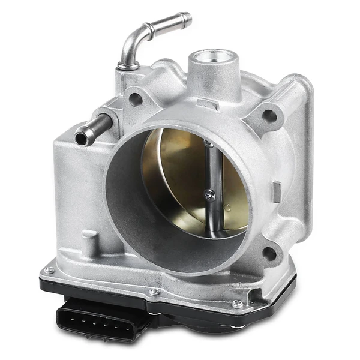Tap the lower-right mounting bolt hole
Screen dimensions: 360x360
(x=269, y=253)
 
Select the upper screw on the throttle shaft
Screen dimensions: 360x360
(x=208, y=144)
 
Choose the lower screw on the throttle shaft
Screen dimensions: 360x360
(x=208, y=194)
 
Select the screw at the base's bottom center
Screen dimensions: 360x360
(x=155, y=292)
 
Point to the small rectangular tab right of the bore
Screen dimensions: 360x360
(x=277, y=192)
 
